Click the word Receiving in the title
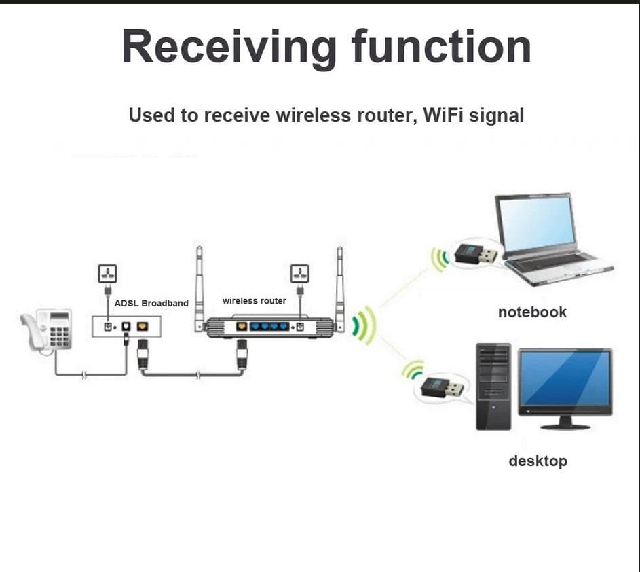click(229, 48)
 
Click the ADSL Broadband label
click(151, 303)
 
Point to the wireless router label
click(255, 300)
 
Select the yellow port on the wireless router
click(241, 327)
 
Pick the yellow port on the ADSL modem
click(143, 327)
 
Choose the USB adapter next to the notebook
click(474, 254)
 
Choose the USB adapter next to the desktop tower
click(443, 389)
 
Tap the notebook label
click(532, 312)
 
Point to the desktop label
click(538, 461)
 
